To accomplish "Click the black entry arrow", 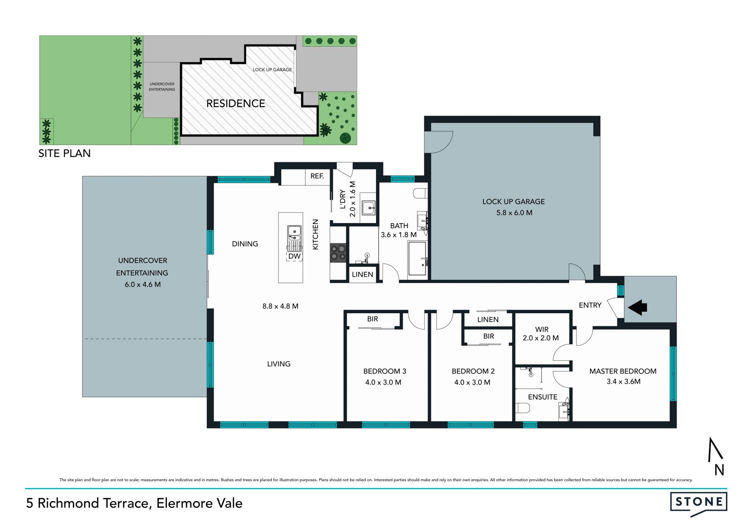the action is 637,307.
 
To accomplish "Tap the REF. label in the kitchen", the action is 317,176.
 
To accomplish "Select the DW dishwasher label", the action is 295,256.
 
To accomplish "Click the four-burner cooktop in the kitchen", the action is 338,252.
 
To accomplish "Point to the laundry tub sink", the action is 369,208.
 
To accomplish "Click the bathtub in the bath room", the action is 418,258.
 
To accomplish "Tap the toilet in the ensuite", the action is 522,408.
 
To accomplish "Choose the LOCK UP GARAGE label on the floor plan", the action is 513,202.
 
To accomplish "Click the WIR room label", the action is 542,329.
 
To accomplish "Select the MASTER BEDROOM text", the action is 623,371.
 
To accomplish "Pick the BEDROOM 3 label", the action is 385,371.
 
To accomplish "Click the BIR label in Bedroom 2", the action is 488,336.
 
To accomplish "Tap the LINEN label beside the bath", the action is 362,274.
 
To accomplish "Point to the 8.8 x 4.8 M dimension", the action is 280,306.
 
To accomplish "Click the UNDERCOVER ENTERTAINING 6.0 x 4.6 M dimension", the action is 143,285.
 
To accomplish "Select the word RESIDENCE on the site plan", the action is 236,103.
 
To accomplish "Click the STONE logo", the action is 699,503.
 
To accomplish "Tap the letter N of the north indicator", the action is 719,470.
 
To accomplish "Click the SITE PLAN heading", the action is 65,153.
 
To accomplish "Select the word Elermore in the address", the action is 181,503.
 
